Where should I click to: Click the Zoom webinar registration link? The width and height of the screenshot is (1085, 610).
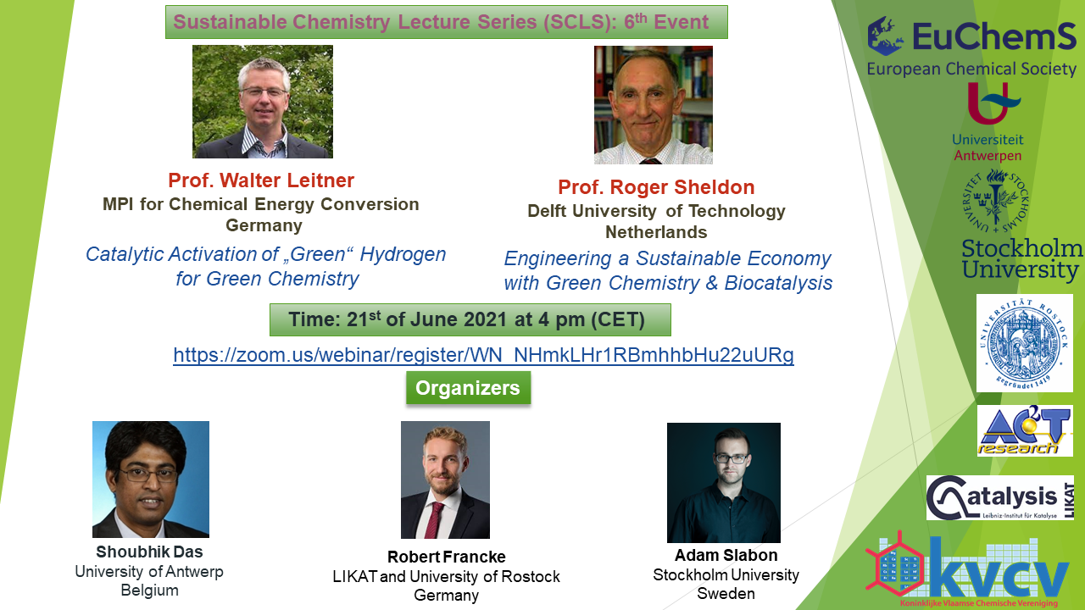click(483, 355)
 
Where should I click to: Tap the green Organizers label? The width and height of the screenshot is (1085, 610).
click(468, 388)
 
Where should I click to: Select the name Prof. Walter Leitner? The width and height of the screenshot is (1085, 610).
click(261, 180)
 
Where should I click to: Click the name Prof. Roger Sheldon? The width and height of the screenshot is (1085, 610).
click(656, 187)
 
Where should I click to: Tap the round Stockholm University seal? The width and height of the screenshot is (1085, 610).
click(995, 201)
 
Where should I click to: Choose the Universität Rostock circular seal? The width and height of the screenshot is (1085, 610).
click(1024, 343)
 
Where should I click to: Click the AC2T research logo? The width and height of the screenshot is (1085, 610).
click(1025, 431)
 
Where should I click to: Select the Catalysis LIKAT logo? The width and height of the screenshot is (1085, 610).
click(999, 497)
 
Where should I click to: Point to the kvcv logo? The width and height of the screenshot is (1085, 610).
click(969, 570)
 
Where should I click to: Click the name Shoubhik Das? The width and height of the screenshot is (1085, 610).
click(149, 552)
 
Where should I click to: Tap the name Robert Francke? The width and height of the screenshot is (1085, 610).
click(446, 557)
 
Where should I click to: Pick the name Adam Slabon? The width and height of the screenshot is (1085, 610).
click(726, 555)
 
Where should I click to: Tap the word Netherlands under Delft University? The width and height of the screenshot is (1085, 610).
click(656, 232)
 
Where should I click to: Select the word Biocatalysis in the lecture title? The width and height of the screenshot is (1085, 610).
click(778, 283)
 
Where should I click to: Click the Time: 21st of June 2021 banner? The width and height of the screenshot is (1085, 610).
click(470, 320)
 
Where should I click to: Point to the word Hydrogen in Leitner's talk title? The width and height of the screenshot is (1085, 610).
click(403, 255)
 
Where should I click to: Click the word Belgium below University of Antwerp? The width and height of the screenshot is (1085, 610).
click(149, 591)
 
